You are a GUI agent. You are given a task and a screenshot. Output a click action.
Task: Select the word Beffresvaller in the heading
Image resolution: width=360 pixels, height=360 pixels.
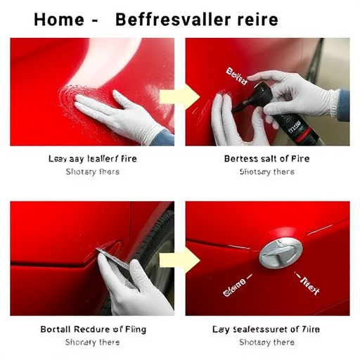pos(172,19)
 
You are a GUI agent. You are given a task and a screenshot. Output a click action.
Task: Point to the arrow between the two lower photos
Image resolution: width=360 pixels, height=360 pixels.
pos(172,259)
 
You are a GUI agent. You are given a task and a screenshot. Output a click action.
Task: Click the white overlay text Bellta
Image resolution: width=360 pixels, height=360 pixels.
pos(238,77)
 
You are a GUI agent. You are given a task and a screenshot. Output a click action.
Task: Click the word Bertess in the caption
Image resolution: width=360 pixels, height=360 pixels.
pos(241,159)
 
